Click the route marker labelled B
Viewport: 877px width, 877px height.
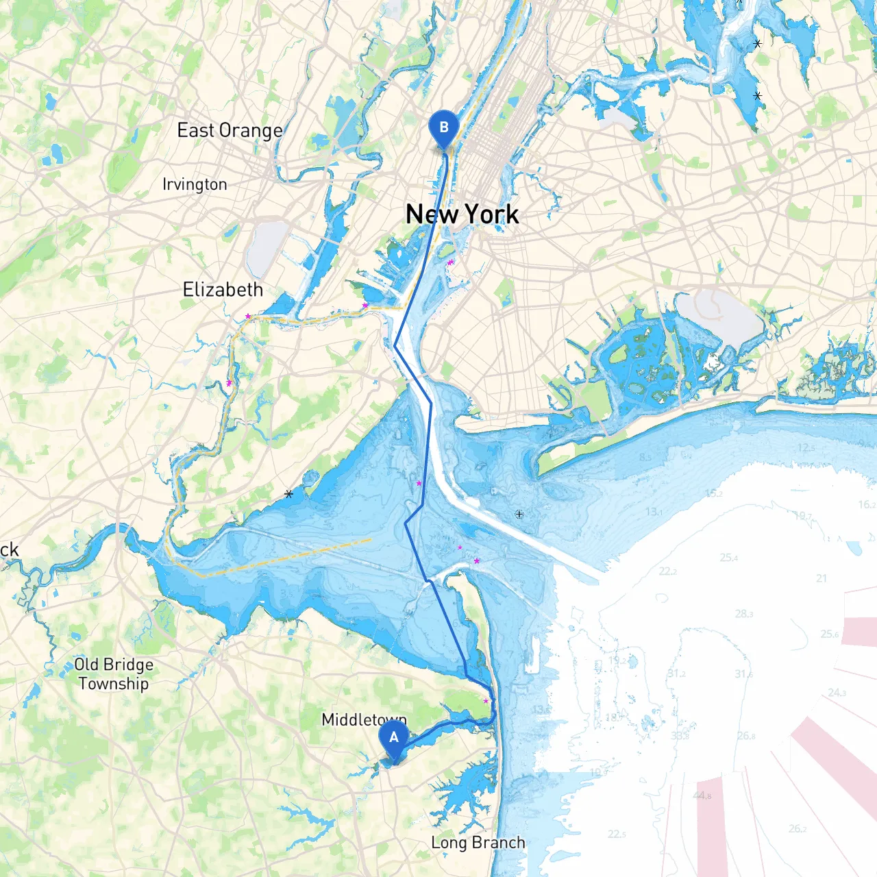click(x=443, y=128)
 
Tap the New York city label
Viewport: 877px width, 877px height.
click(x=462, y=214)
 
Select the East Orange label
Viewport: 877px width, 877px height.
click(x=230, y=130)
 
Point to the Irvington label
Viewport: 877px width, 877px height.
click(x=195, y=184)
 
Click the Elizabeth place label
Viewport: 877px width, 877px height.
click(x=223, y=290)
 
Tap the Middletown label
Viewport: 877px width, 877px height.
click(x=364, y=719)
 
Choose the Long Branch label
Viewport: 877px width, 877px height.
click(x=478, y=843)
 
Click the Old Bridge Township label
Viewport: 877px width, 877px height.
click(x=114, y=674)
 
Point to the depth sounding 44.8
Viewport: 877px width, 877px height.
click(x=702, y=795)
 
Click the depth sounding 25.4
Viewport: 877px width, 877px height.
click(x=729, y=558)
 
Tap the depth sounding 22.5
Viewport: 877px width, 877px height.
click(x=617, y=834)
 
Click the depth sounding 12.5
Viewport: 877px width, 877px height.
click(x=806, y=447)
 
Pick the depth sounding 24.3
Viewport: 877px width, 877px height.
click(x=837, y=693)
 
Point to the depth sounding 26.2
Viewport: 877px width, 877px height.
click(x=798, y=828)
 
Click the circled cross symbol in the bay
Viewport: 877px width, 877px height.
click(x=519, y=514)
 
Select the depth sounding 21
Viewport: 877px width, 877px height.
click(x=822, y=578)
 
